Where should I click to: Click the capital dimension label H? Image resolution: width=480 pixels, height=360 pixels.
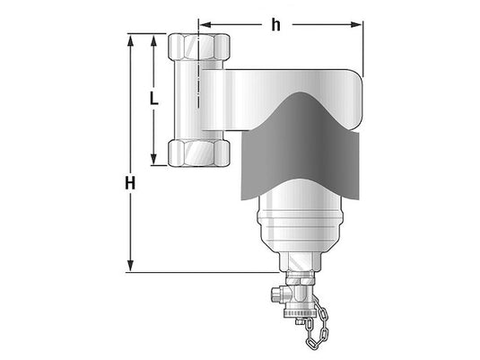coord(131,182)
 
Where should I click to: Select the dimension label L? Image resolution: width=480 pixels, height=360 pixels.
coord(153,98)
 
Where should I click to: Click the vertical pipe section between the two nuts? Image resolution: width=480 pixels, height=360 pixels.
coord(196,99)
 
